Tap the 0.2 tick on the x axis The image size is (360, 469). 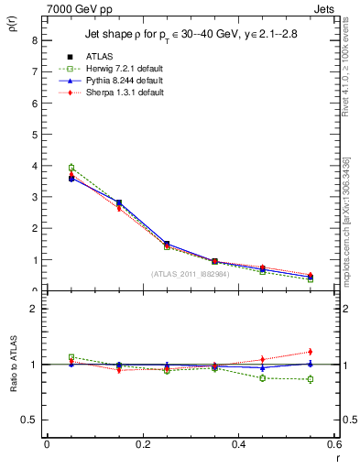142,445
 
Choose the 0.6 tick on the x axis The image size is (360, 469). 334,445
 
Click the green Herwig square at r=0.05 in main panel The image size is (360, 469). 71,168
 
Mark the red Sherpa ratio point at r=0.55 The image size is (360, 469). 311,352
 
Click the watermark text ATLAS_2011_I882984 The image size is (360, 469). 191,274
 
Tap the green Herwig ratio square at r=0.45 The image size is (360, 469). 263,377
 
